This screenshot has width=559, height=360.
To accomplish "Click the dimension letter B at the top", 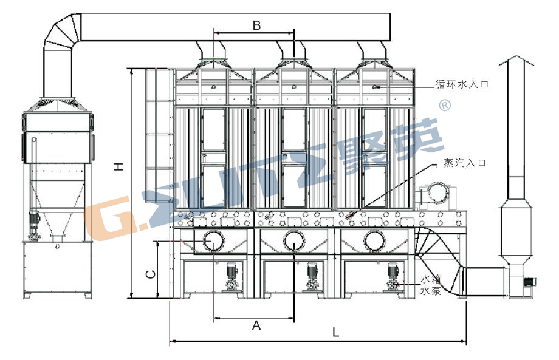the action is pos(256,25).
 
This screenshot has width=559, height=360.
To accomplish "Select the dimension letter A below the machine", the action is pos(256,325).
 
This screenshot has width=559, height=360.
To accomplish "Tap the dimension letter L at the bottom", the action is pos(335,332).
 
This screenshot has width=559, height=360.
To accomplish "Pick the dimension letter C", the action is pos(151,274).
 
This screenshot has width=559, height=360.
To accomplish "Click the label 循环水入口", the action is pos(461,84).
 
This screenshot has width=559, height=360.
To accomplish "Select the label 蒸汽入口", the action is pos(465,163).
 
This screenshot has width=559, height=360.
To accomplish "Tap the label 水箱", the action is pos(431,279).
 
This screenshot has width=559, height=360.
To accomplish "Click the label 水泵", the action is pos(431,291).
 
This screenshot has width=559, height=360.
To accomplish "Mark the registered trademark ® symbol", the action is pos(445,106).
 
